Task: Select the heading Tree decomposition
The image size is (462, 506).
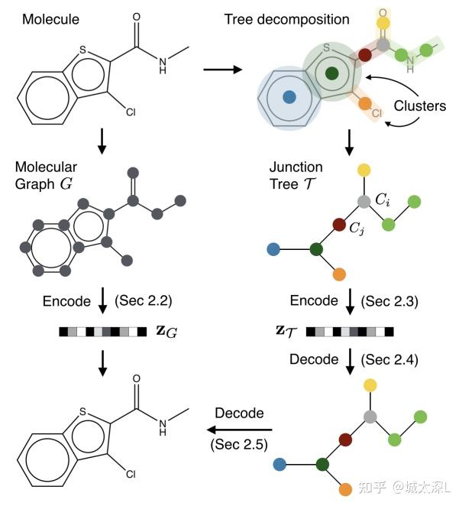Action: pos(286,19)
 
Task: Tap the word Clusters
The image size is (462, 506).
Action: pos(419,106)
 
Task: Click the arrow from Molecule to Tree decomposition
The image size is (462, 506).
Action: pos(221,70)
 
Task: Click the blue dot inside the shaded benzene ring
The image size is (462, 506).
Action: pos(289,97)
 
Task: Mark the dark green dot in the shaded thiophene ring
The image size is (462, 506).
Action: pos(331,73)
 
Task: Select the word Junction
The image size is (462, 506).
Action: pos(296,167)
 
